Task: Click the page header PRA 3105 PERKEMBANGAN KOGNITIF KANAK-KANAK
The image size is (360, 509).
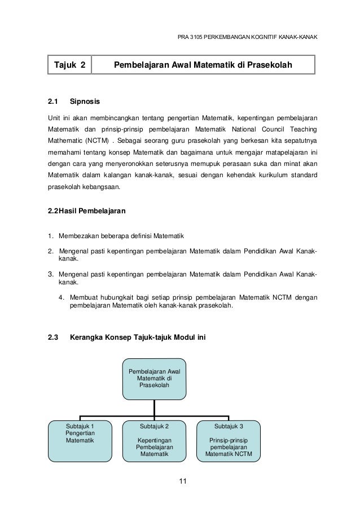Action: coord(247,38)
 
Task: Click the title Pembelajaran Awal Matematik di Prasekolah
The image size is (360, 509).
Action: coord(203,66)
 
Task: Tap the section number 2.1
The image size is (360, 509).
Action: coord(53,102)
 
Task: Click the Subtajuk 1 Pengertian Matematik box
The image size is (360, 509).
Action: coord(80,440)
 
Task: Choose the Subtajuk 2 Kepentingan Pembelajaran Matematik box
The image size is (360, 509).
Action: coord(155,440)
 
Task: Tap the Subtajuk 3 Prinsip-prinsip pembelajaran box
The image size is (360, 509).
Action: coord(229,440)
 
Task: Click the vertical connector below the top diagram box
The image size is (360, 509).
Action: coord(155,407)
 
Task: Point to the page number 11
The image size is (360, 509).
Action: coord(181,481)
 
